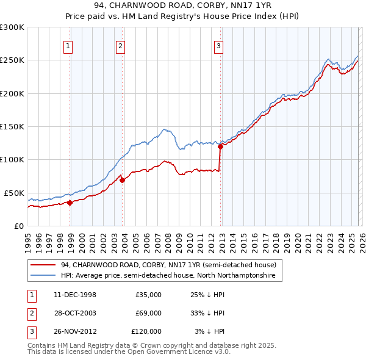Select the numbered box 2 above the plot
coord(121,45)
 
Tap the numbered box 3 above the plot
coord(218,45)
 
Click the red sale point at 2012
coord(220,146)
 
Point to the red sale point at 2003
coord(123,180)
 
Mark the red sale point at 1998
coord(70,203)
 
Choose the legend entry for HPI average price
coord(168,276)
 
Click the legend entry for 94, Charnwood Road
coord(168,265)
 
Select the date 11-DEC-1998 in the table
coord(75,295)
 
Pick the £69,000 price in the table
coord(148,313)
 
